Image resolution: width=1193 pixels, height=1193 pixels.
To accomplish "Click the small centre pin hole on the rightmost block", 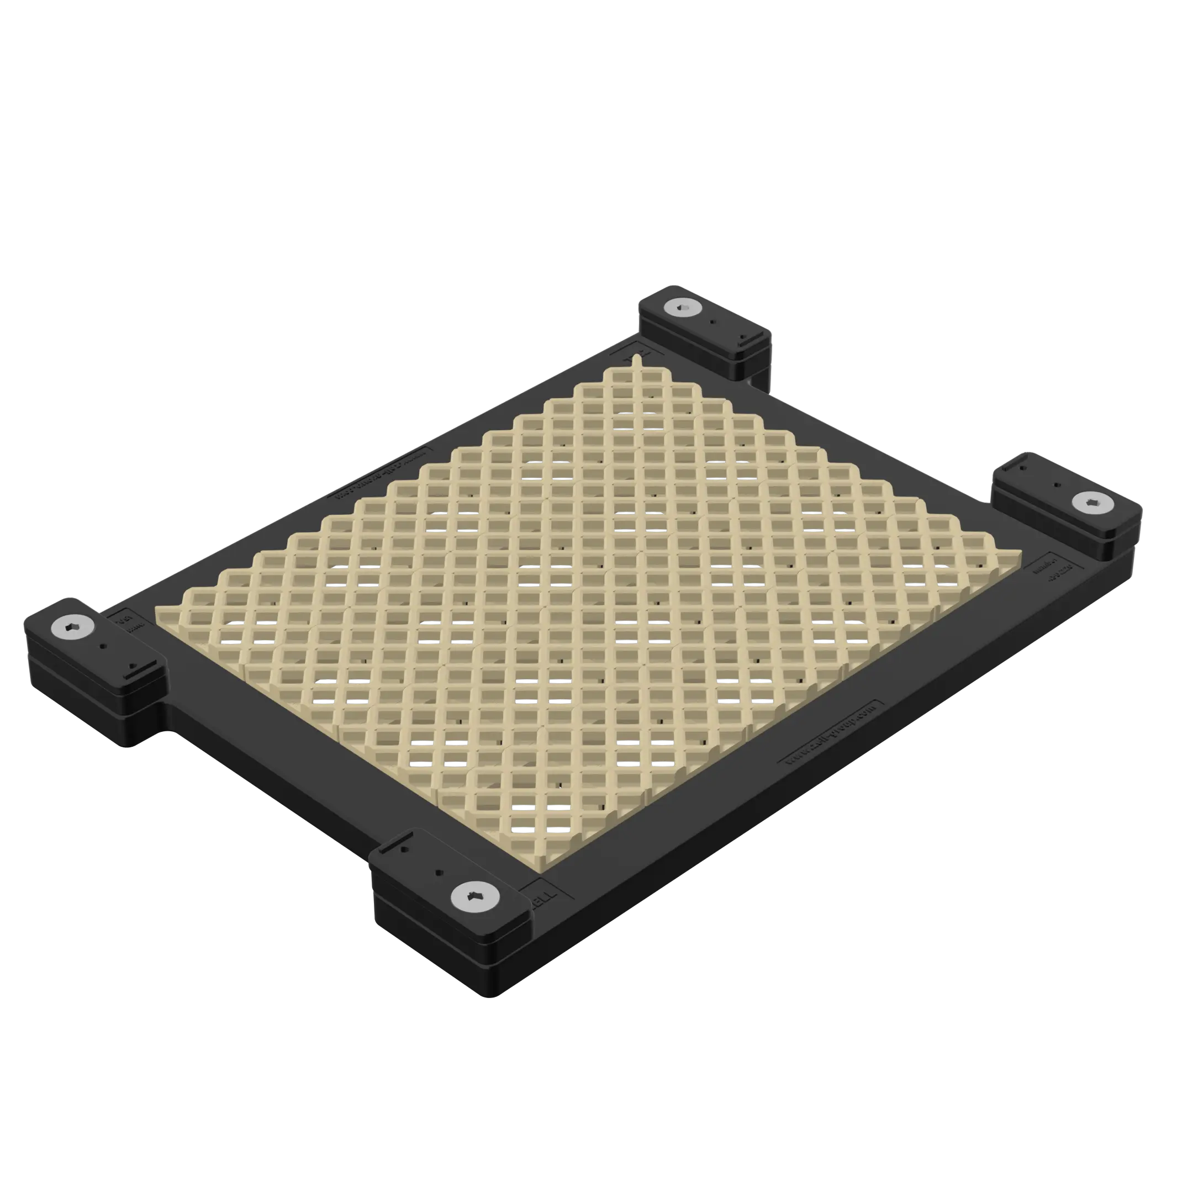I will point(1057,485).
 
